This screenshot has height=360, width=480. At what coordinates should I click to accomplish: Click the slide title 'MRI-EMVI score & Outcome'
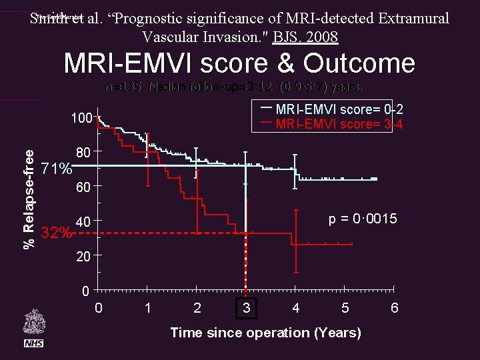[x=239, y=63]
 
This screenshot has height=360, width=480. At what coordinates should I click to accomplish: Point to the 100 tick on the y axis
[x=82, y=118]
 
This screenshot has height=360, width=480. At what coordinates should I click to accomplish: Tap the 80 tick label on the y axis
[x=83, y=153]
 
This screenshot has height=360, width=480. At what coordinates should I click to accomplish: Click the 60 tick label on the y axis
[x=83, y=188]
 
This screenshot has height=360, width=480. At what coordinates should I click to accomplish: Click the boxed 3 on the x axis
[x=246, y=309]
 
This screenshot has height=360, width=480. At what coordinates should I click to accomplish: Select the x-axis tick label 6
[x=394, y=309]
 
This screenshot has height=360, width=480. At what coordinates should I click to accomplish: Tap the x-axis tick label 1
[x=147, y=309]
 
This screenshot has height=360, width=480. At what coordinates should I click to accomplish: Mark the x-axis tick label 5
[x=345, y=309]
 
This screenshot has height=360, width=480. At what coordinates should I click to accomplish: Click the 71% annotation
[x=57, y=169]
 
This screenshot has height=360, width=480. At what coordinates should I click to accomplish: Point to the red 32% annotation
[x=57, y=233]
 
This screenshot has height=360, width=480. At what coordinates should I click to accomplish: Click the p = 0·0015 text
[x=363, y=219]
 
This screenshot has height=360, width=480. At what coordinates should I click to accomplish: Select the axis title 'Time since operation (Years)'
[x=265, y=333]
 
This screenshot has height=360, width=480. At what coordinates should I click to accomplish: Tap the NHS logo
[x=33, y=343]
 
